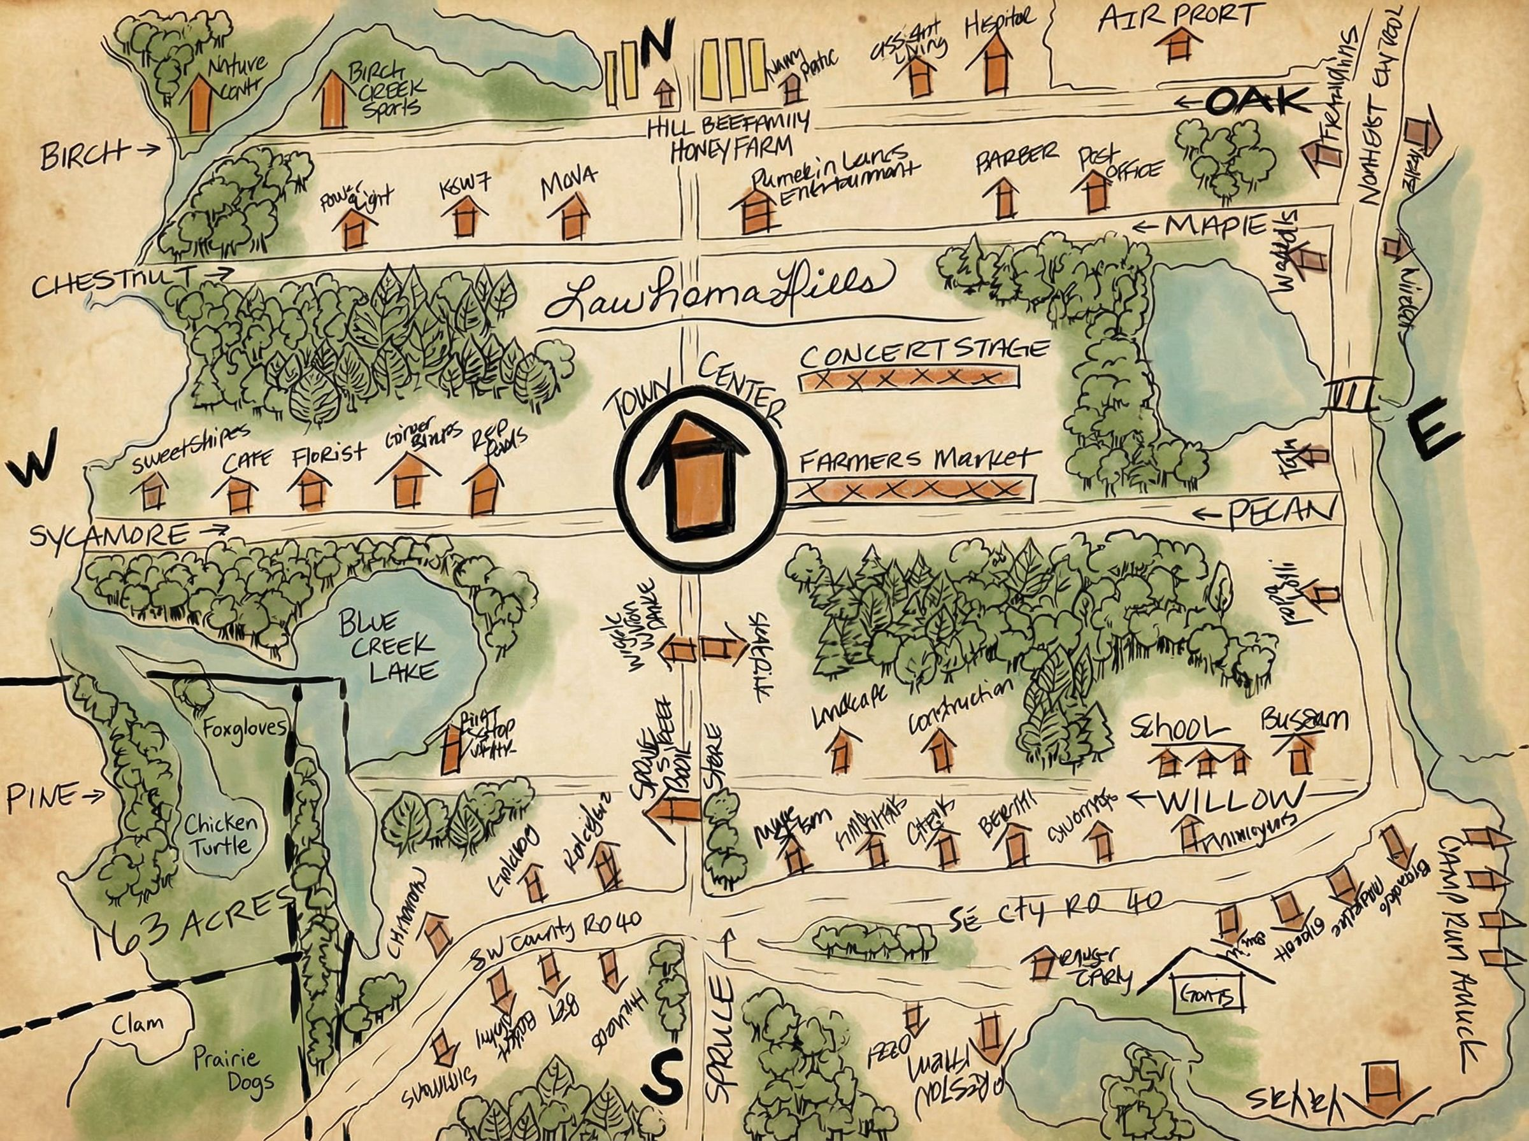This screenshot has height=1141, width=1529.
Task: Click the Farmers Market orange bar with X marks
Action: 912,490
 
